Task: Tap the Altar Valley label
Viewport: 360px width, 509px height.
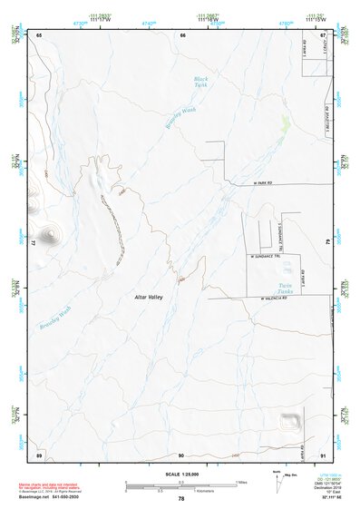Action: point(147,297)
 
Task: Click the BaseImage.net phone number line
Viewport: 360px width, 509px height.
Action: point(50,498)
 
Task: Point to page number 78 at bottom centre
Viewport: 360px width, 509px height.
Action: point(180,499)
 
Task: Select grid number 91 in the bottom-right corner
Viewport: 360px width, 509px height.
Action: point(324,455)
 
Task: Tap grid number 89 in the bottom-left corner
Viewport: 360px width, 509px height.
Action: point(39,455)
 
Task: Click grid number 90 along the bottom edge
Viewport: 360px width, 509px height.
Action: point(181,455)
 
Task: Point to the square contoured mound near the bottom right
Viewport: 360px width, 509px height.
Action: point(290,420)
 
